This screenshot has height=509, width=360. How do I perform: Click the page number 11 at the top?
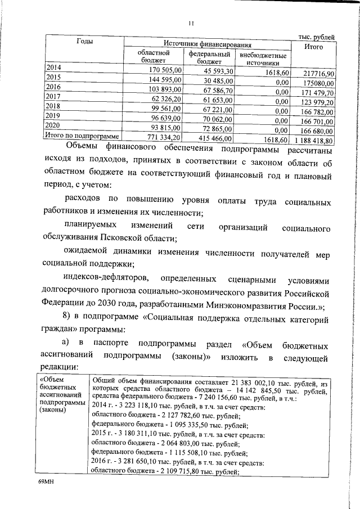click(x=191, y=23)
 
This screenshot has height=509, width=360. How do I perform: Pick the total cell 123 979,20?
click(x=317, y=102)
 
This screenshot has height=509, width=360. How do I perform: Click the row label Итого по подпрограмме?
click(x=82, y=136)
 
